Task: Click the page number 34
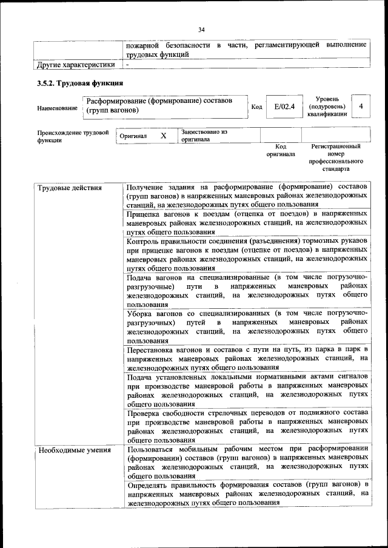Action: pyautogui.click(x=201, y=28)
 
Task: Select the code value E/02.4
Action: pyautogui.click(x=284, y=107)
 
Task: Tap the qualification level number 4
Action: pyautogui.click(x=361, y=107)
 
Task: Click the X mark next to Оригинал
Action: pyautogui.click(x=163, y=136)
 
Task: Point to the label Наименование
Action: pyautogui.click(x=57, y=108)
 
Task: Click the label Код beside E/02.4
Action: pyautogui.click(x=256, y=107)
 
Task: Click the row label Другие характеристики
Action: pyautogui.click(x=76, y=64)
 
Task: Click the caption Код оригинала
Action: pyautogui.click(x=281, y=150)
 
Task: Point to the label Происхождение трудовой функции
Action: pyautogui.click(x=73, y=136)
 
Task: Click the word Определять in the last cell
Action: pyautogui.click(x=150, y=485)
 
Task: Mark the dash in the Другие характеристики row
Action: pyautogui.click(x=128, y=64)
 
